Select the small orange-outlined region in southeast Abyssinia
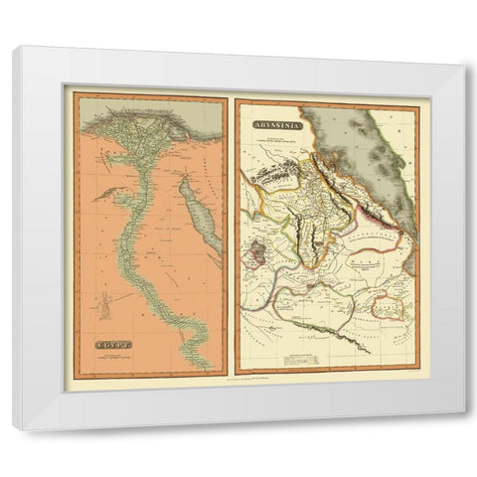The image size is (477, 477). tap(389, 311)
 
